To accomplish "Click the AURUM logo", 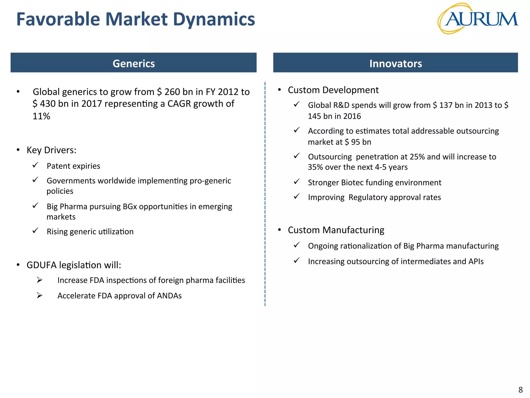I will tap(478, 19).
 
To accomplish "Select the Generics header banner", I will tap(134, 63).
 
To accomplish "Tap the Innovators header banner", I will tap(395, 63).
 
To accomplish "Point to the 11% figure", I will tap(41, 116).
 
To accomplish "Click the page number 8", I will tap(520, 390).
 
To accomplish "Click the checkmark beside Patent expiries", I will tap(35, 165).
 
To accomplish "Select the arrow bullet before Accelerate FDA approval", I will tap(39, 295).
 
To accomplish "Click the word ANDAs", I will tap(169, 296).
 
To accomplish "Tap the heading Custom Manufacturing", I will tap(336, 230).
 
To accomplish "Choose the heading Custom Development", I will tap(333, 90).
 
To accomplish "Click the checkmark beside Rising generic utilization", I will tap(35, 231).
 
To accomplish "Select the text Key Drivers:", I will tap(51, 150).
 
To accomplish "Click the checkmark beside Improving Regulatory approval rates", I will tap(297, 196).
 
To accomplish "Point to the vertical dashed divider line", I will tap(265, 194).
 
